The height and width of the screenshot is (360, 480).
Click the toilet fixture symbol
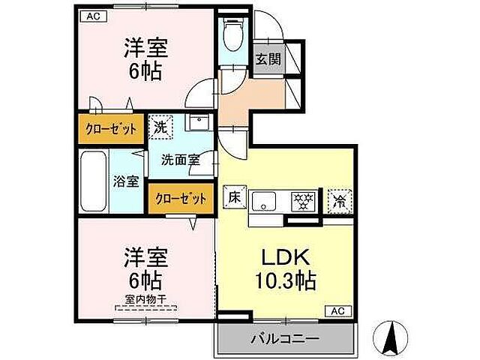(232, 32)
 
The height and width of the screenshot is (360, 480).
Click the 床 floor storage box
(234, 198)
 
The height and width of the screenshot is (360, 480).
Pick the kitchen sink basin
(263, 201)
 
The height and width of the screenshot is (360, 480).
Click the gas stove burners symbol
(303, 200)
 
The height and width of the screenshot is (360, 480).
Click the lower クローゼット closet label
(181, 199)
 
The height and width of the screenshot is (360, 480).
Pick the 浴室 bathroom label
(126, 181)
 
